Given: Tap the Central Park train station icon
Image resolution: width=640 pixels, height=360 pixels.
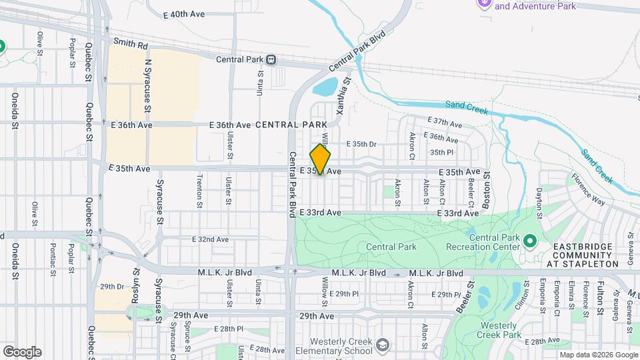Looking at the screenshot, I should pyautogui.click(x=271, y=59).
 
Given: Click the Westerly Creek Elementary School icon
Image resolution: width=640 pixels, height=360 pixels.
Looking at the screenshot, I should pyautogui.click(x=382, y=345).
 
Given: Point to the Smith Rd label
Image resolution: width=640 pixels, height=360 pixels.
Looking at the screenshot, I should pyautogui.click(x=130, y=45).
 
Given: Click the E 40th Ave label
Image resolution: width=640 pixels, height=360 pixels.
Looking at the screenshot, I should pyautogui.click(x=185, y=14).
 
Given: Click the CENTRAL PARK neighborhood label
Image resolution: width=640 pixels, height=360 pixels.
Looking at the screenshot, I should pyautogui.click(x=291, y=125).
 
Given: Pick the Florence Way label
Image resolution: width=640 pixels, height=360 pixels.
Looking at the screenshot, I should pyautogui.click(x=587, y=193).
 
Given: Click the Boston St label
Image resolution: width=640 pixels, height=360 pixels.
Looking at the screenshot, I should pyautogui.click(x=487, y=189).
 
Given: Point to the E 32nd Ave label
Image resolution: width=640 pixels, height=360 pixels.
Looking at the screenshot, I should pyautogui.click(x=210, y=239).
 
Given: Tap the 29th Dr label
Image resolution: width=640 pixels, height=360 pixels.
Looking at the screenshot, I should pyautogui.click(x=112, y=286).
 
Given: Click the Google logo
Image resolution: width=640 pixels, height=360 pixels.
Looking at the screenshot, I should pyautogui.click(x=22, y=352).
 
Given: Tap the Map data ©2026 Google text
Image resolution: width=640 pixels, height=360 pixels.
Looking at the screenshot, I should pyautogui.click(x=598, y=355).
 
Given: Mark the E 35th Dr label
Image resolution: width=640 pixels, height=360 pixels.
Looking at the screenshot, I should pyautogui.click(x=361, y=144).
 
